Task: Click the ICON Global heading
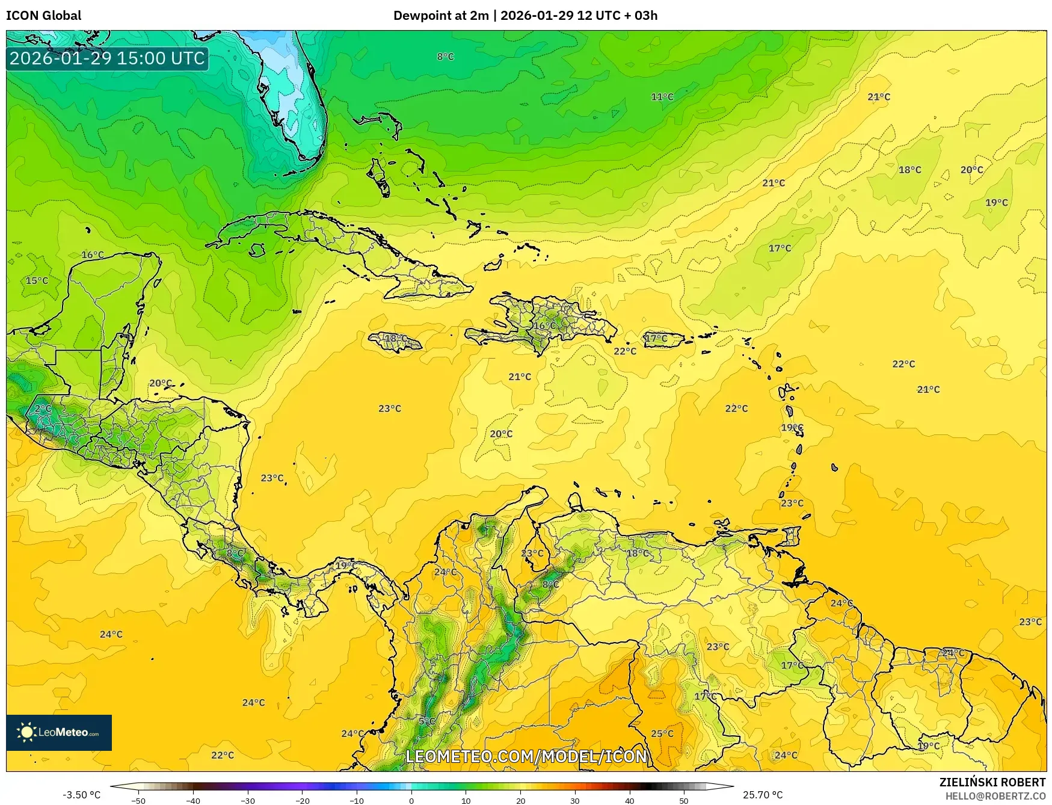43,16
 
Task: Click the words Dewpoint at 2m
440,16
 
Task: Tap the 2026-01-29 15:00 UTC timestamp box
107,58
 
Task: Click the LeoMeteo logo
59,732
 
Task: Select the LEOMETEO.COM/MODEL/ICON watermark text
526,756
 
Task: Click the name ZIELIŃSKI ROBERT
992,782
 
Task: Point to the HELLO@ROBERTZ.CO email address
995,796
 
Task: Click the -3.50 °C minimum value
82,795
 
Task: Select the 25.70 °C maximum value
763,795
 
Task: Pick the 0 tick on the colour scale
411,800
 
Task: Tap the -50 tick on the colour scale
138,800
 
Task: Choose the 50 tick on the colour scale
684,800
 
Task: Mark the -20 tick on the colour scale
302,800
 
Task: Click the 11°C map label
662,96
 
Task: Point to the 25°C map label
662,733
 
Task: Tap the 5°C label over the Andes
426,721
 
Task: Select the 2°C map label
43,408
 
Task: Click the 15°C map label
37,280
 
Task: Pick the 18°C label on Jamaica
395,338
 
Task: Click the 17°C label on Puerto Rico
656,338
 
